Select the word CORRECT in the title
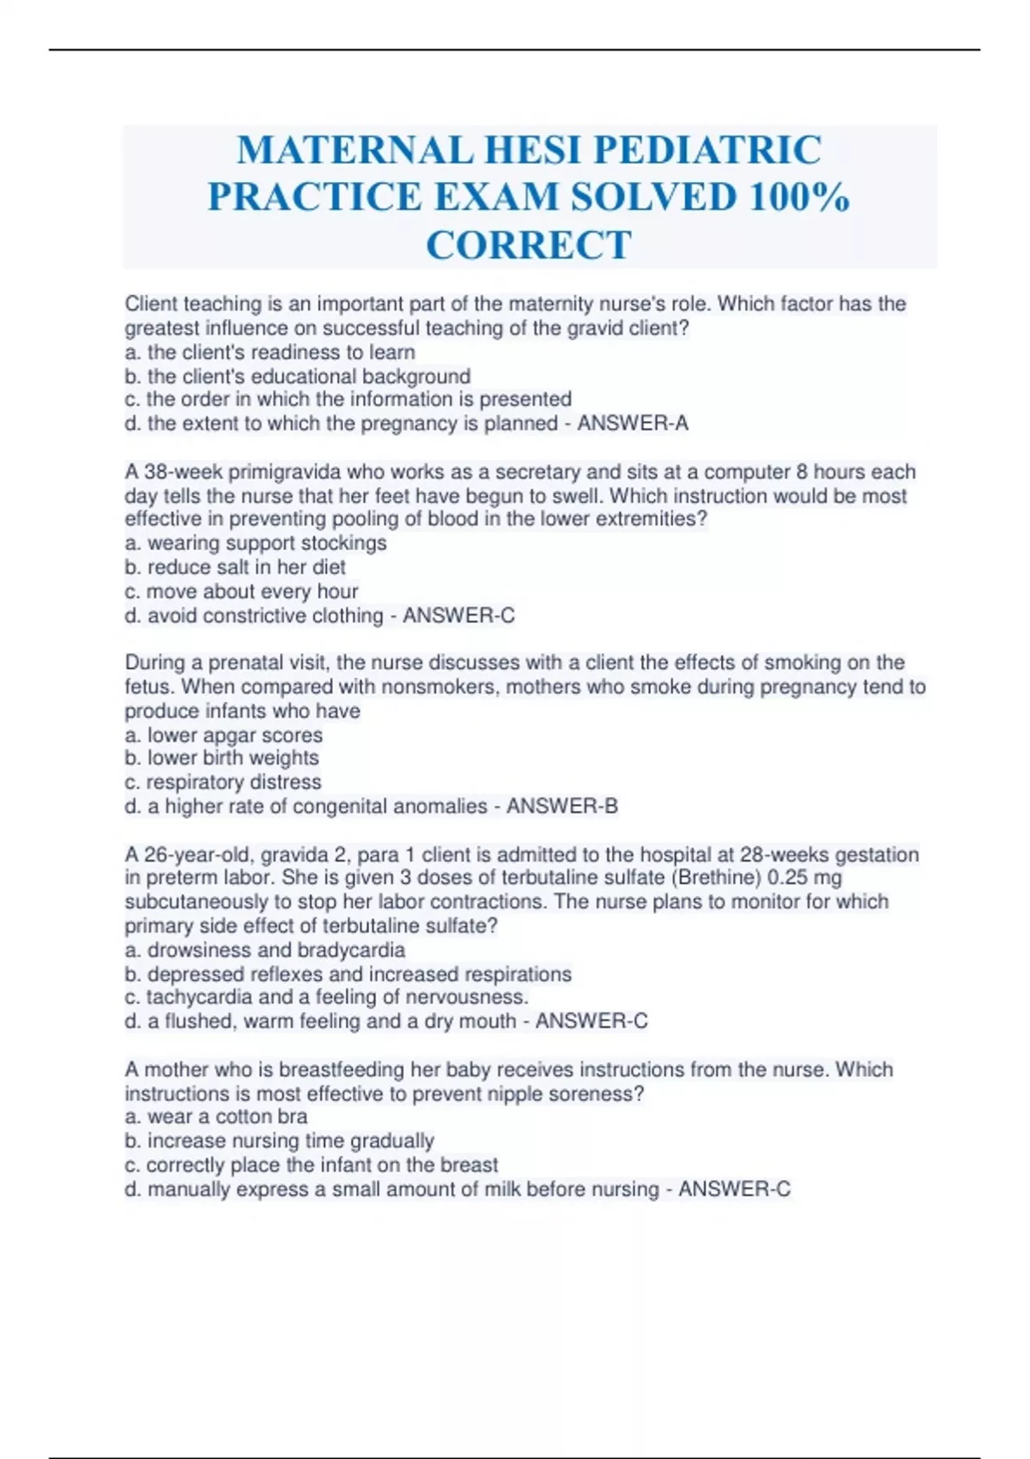[x=529, y=245]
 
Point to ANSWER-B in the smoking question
[x=562, y=807]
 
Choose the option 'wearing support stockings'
[x=266, y=543]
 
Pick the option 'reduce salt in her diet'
[x=245, y=567]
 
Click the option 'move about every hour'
[x=251, y=591]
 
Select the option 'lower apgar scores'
[x=234, y=736]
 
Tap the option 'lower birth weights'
[x=233, y=759]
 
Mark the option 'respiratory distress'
[x=233, y=783]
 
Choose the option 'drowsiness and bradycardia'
[x=276, y=951]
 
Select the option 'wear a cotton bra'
[x=227, y=1117]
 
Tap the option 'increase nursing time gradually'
[x=290, y=1141]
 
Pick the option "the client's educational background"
[x=308, y=377]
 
